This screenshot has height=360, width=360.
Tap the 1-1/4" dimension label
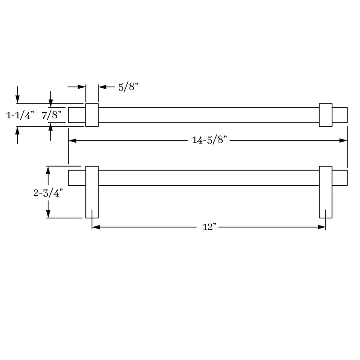20,115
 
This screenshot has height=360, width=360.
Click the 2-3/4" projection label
48,193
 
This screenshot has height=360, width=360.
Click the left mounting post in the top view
92,115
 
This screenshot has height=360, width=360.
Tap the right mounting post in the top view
325,115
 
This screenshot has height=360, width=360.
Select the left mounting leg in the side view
92,193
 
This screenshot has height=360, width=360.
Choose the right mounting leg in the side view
325,193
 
